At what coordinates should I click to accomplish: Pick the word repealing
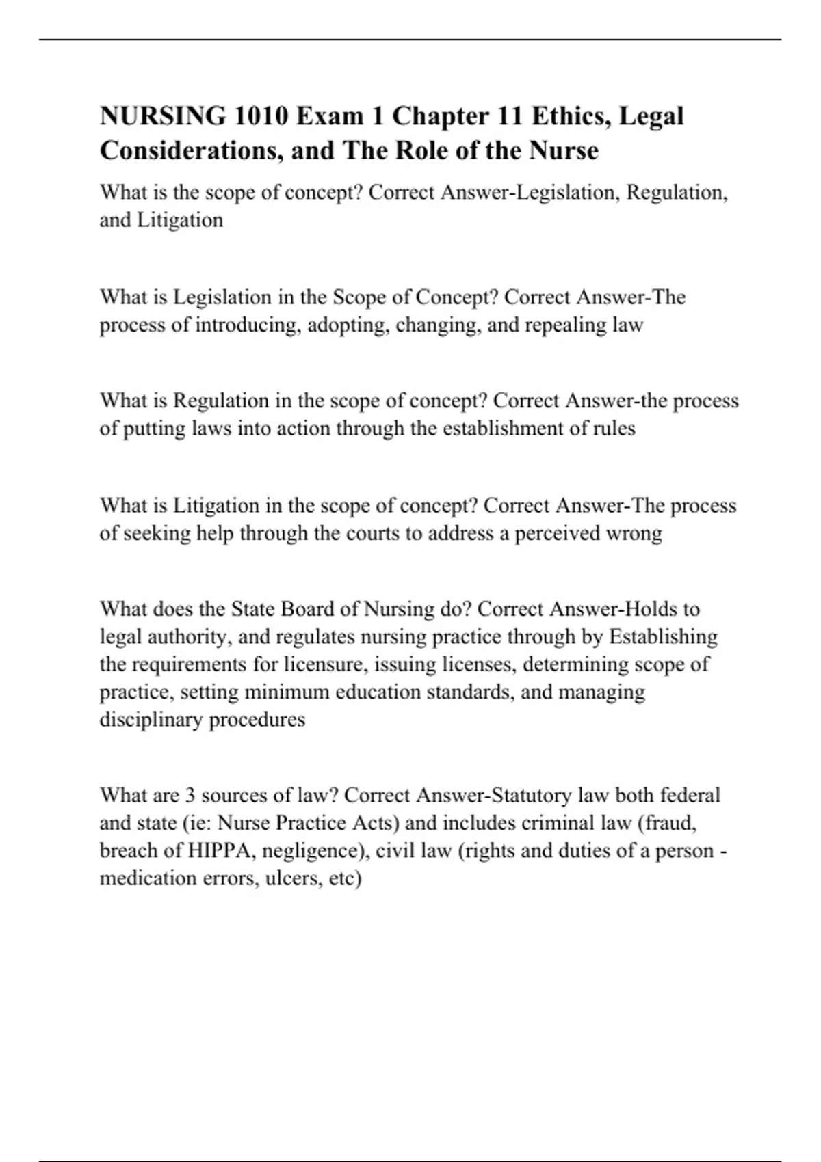click(x=566, y=325)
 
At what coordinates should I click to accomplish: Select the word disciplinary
click(x=151, y=720)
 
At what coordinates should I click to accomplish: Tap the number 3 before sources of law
click(x=190, y=796)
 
